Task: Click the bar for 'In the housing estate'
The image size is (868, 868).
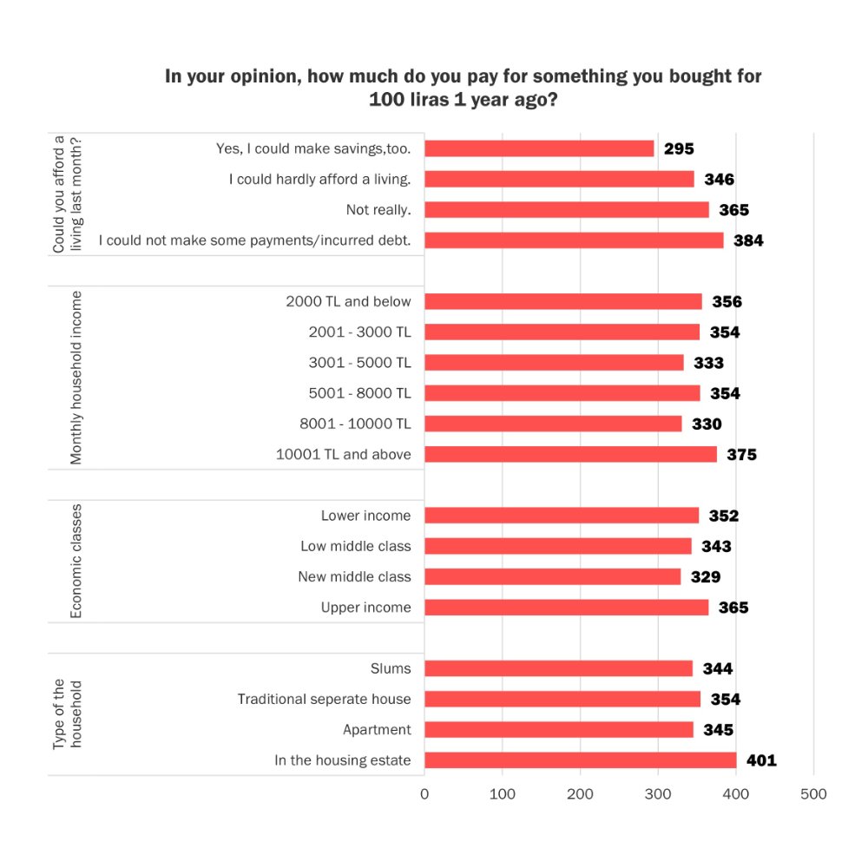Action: (x=580, y=760)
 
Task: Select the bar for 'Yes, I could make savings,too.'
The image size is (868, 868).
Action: (x=539, y=148)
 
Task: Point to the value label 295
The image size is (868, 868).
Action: (x=679, y=149)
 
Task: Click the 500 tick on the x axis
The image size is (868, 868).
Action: (x=813, y=794)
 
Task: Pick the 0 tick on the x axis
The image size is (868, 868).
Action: (x=424, y=794)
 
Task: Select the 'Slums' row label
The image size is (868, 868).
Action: (x=391, y=668)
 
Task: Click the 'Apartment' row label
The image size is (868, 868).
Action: (x=377, y=730)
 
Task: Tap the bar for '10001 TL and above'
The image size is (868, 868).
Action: (x=570, y=454)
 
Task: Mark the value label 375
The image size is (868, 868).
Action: (x=741, y=455)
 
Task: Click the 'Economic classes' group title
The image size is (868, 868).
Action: (x=76, y=561)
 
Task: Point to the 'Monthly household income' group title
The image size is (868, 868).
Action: (x=76, y=378)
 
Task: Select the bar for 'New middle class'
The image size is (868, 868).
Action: (x=552, y=576)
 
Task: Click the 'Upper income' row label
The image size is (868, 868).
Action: (x=365, y=608)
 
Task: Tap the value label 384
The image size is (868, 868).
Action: (x=748, y=241)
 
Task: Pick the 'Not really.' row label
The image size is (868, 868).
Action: (x=378, y=210)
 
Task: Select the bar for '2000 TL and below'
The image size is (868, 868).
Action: (x=562, y=301)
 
